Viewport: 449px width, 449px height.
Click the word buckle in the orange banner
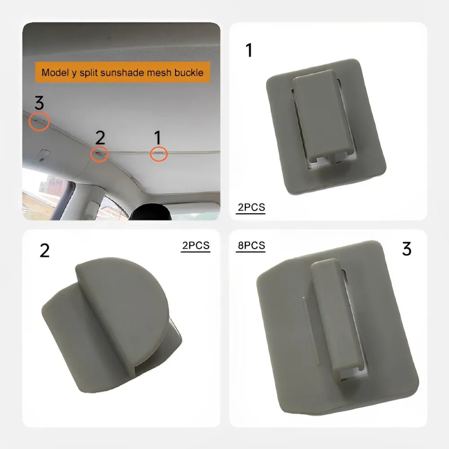tap(189, 72)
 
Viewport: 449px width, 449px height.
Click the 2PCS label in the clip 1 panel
tap(251, 207)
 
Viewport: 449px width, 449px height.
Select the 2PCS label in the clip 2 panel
tap(196, 246)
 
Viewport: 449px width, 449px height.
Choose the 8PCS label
tap(251, 246)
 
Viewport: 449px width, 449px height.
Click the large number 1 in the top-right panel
tap(249, 50)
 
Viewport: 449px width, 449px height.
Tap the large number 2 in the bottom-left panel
tap(44, 251)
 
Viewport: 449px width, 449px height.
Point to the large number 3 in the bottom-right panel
tap(407, 249)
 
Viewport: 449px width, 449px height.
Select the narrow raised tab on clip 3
tap(335, 315)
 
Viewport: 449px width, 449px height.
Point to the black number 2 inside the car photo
tap(100, 137)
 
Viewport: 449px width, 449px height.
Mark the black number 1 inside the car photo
tap(158, 137)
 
